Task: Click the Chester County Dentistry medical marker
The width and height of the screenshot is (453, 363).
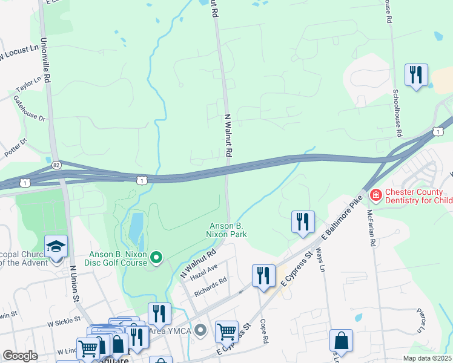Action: tap(375, 195)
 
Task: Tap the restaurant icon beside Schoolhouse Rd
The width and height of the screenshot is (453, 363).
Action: tap(416, 76)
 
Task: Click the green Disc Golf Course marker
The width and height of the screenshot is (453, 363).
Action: tap(157, 258)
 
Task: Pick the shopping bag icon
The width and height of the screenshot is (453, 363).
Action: tap(341, 341)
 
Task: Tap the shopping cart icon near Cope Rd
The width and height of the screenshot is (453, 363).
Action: tap(226, 332)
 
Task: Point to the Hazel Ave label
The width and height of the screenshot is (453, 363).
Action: tap(203, 268)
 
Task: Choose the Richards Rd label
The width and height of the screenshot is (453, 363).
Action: tap(210, 287)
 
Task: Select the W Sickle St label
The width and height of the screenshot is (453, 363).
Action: tap(60, 319)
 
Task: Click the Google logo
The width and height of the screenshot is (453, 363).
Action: tap(20, 356)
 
